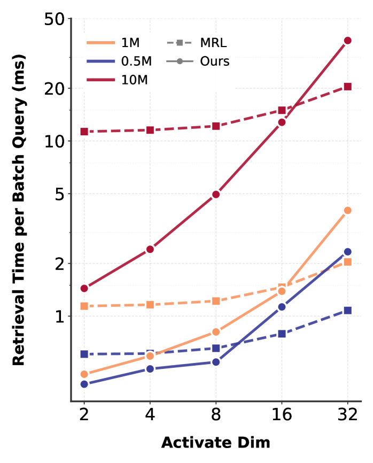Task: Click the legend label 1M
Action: [130, 43]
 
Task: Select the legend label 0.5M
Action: [136, 61]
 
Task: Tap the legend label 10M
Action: [134, 80]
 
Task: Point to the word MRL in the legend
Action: [213, 43]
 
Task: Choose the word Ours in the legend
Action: [215, 61]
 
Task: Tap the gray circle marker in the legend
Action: [180, 61]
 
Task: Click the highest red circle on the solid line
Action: [347, 41]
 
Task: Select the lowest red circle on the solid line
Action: [84, 288]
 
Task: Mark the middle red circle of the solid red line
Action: [216, 194]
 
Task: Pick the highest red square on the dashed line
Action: [347, 87]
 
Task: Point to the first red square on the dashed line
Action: [84, 132]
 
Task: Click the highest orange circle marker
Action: [347, 210]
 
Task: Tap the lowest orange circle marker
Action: [84, 374]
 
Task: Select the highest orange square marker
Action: [347, 262]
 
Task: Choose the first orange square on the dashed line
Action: [84, 306]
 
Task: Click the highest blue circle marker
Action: [347, 251]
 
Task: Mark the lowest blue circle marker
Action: [84, 384]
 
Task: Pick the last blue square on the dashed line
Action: [347, 310]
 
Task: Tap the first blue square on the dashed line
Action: [84, 354]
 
